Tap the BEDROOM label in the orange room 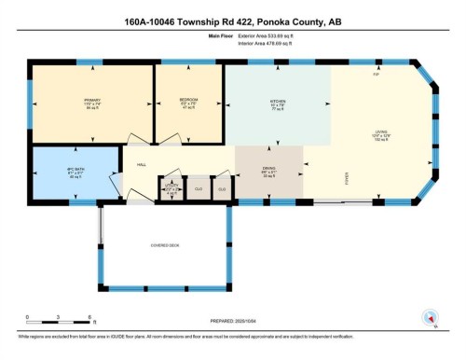189,102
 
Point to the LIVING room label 382,132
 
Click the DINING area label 269,169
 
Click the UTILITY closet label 171,188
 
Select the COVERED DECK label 164,245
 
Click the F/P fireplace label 376,74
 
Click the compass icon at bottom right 431,317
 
